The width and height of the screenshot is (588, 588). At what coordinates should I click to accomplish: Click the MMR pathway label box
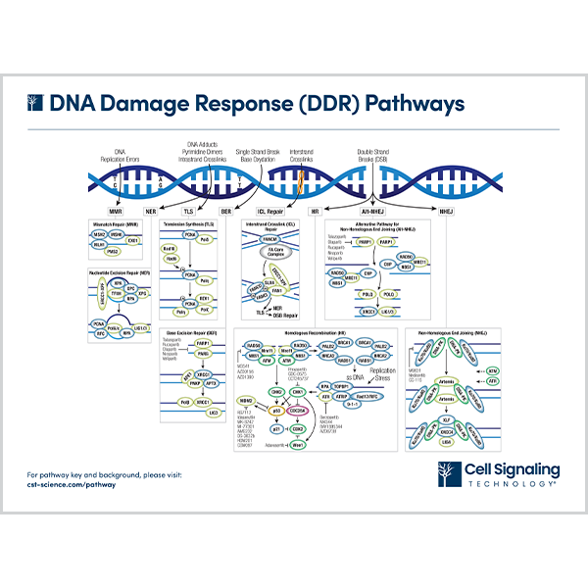115,211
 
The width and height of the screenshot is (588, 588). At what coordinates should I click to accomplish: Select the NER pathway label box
151,211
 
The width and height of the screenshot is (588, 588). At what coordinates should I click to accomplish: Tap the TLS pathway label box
186,211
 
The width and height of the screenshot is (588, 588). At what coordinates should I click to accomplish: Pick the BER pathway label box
224,211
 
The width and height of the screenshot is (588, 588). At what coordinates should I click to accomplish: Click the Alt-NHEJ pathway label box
367,211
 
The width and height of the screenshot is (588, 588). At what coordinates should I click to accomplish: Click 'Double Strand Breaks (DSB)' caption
378,155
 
